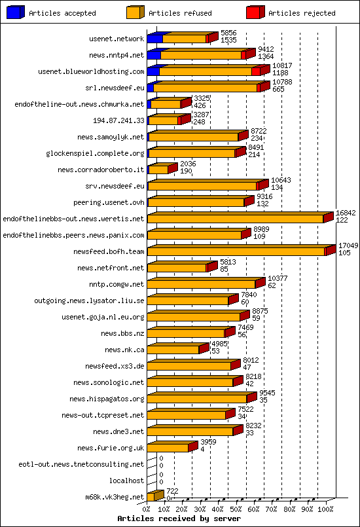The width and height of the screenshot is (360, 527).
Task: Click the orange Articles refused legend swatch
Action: (134, 12)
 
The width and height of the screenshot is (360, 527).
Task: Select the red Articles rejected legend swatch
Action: (255, 12)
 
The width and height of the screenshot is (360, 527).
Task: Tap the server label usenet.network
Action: (117, 39)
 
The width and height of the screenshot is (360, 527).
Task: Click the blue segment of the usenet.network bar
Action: (154, 39)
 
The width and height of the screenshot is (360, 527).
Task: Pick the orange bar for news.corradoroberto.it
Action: (158, 170)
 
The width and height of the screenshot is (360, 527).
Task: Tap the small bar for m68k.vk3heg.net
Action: (152, 497)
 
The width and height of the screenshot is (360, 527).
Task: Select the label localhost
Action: (126, 481)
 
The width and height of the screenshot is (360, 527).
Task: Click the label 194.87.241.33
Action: (118, 120)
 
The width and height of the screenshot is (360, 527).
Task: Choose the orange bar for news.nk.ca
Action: (174, 350)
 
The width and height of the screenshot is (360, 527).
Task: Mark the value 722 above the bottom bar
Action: (171, 490)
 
